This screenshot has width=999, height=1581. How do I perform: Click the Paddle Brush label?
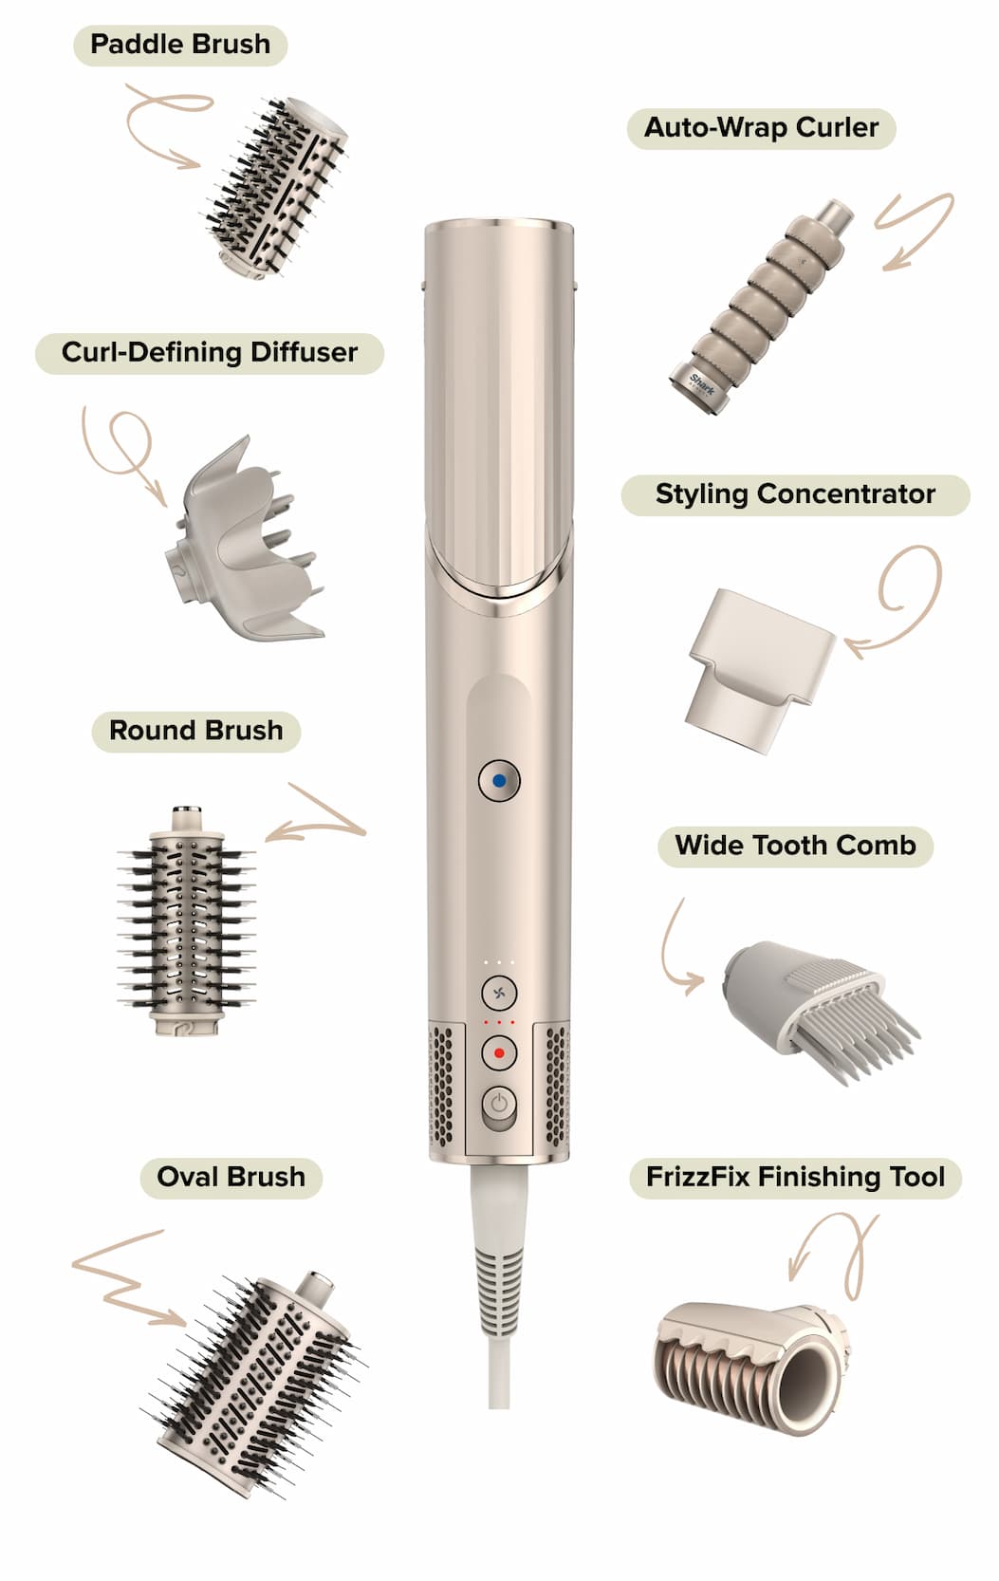[180, 46]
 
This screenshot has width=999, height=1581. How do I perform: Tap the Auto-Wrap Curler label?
[761, 128]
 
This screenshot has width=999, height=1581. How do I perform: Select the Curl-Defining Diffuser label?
[210, 353]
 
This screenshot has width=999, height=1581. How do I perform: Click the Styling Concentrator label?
[795, 494]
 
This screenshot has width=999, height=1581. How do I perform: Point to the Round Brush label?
[196, 732]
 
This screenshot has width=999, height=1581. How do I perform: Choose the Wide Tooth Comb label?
[795, 846]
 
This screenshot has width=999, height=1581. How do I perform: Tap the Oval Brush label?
[231, 1178]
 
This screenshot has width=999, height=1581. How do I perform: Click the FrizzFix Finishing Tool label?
[795, 1178]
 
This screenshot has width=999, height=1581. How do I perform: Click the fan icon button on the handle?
[499, 993]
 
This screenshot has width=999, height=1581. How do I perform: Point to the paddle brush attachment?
[277, 188]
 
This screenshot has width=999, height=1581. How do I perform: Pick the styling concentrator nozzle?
[758, 671]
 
